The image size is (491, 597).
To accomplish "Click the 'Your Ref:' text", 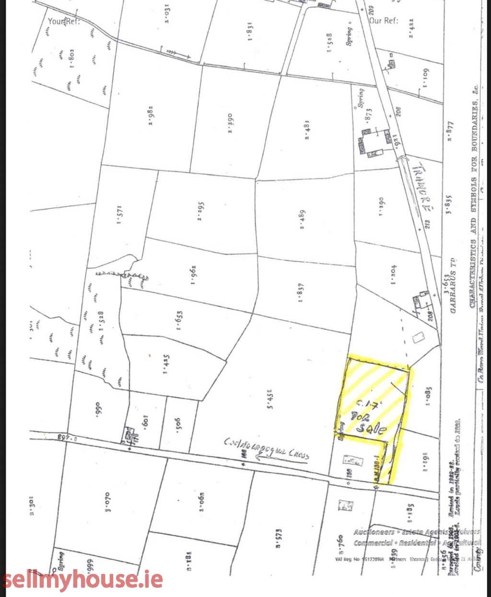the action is [63, 22].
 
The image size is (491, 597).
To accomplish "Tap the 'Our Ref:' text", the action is [384, 21].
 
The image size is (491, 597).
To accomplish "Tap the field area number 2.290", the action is [230, 123].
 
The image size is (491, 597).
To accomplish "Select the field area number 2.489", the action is [303, 219].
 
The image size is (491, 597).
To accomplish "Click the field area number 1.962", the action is [193, 275].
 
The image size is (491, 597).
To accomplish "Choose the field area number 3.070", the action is [107, 501].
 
